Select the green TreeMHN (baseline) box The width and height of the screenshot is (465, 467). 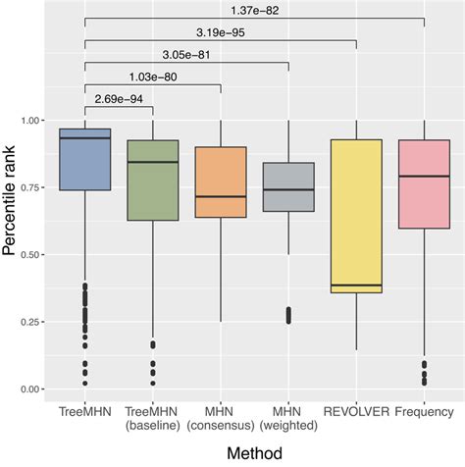pyautogui.click(x=153, y=181)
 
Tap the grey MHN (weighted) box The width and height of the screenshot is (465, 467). pyautogui.click(x=288, y=186)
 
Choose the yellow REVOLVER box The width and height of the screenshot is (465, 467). pyautogui.click(x=356, y=216)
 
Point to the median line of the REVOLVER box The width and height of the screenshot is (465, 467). pyautogui.click(x=356, y=285)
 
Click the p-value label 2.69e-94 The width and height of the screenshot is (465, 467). pyautogui.click(x=118, y=98)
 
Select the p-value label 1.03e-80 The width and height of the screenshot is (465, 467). pyautogui.click(x=152, y=77)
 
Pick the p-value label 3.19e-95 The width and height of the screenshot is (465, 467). pyautogui.click(x=221, y=31)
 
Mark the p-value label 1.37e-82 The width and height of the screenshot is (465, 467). pyautogui.click(x=254, y=9)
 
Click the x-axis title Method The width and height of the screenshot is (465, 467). pyautogui.click(x=253, y=454)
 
